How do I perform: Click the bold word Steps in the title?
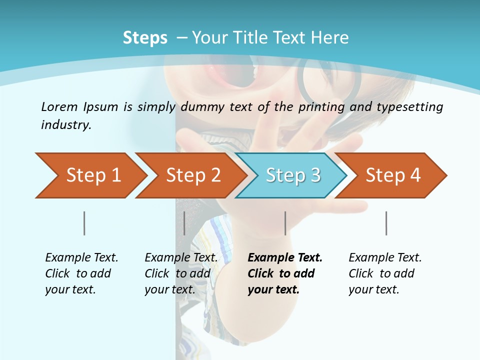[145, 38]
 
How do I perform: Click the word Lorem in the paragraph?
[59, 106]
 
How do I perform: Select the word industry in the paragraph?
[65, 125]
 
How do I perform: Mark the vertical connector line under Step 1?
[84, 223]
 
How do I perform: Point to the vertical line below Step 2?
[184, 223]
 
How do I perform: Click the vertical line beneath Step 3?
[285, 223]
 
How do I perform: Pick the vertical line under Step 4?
[386, 223]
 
